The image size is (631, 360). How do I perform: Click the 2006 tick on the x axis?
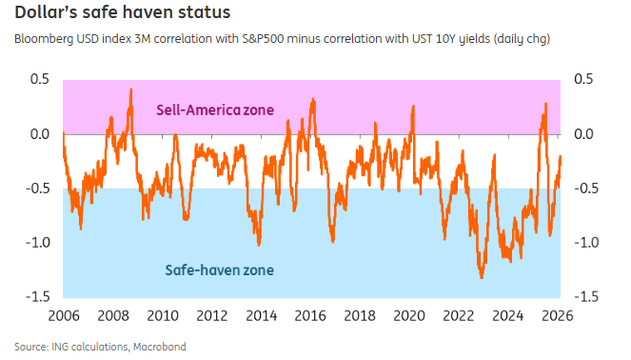[x=63, y=315]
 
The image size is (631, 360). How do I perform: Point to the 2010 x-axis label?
[x=162, y=315]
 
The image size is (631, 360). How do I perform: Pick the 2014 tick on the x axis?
[x=261, y=315]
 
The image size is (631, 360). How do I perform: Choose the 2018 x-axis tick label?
[x=360, y=315]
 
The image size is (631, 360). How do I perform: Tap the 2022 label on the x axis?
[x=459, y=315]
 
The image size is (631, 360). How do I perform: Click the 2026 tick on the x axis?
[x=558, y=315]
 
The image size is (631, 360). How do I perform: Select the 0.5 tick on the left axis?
[x=39, y=79]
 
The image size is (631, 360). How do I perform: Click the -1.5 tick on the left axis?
[x=36, y=296]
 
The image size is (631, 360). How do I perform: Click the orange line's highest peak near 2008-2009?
[x=130, y=90]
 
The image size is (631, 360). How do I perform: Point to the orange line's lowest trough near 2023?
[x=482, y=277]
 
